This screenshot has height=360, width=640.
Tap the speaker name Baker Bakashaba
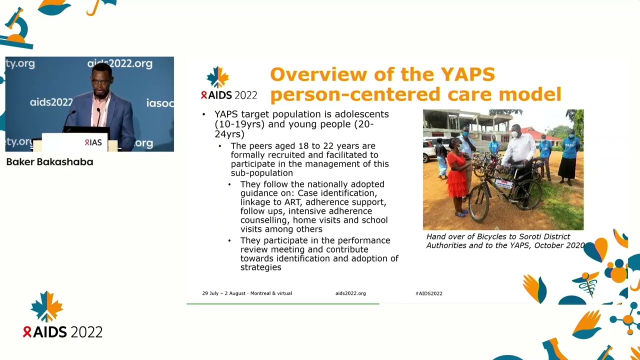click(49, 162)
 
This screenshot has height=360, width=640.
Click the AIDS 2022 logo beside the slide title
click(228, 84)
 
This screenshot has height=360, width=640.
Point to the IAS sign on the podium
click(93, 142)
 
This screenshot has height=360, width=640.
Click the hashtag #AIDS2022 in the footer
click(428, 293)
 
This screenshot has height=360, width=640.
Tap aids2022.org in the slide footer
click(350, 293)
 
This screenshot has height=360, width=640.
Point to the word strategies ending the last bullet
click(260, 267)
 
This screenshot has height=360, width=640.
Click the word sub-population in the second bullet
click(261, 173)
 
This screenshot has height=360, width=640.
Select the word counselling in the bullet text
click(264, 220)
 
